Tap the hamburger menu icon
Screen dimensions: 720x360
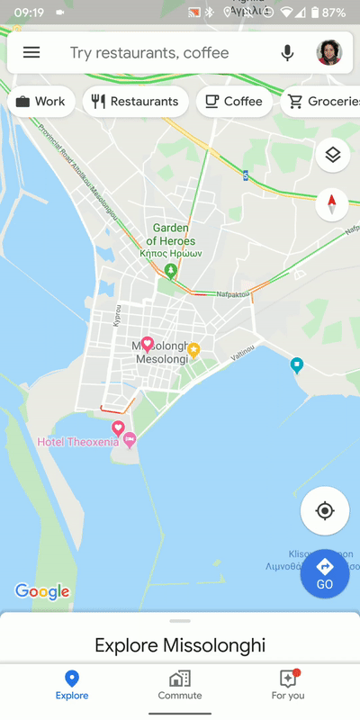tap(31, 53)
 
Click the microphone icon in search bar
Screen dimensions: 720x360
tap(287, 53)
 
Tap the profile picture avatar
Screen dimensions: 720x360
tap(329, 53)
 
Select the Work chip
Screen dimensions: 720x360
tap(40, 102)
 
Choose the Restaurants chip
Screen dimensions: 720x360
tap(135, 102)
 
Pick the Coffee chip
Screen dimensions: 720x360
tap(234, 102)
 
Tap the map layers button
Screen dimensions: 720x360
tap(333, 155)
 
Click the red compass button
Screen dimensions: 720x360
tap(333, 204)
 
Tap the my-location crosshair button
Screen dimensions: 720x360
tap(325, 511)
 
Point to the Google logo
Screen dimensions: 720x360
tap(42, 591)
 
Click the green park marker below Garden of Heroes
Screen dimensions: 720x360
tap(171, 270)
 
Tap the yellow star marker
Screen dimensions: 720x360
tap(193, 349)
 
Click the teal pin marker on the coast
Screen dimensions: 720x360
tap(297, 364)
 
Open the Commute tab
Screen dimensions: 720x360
tap(180, 684)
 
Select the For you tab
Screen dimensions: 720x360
tap(288, 684)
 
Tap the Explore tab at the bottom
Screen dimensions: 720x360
tap(72, 684)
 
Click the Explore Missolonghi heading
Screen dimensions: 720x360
tap(180, 645)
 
